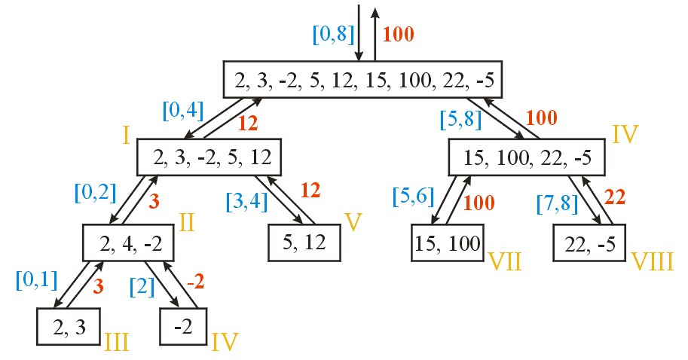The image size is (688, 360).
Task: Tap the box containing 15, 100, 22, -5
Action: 527,158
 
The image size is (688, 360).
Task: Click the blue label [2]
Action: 142,286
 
